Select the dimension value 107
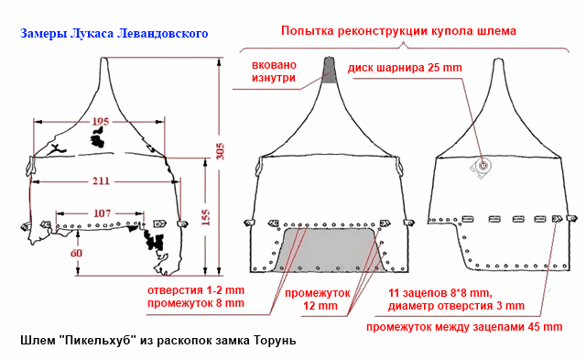[103, 213]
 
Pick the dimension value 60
[76, 254]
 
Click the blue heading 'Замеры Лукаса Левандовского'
[114, 34]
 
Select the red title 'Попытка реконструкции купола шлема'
[385, 30]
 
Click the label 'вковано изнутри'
[273, 71]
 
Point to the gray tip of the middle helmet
[331, 71]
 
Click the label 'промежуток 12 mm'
[304, 300]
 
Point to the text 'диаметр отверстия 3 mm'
[456, 305]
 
